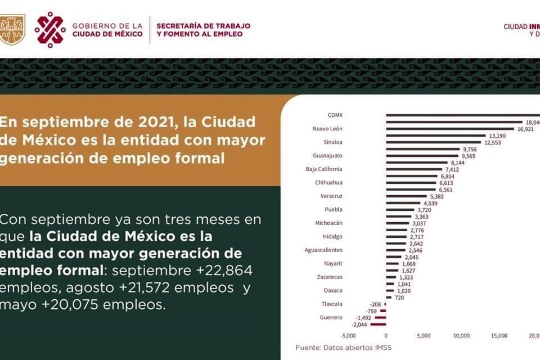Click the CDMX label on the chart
point(335,115)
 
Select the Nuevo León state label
point(327,128)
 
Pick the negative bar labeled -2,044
point(378,325)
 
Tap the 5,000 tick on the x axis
point(424,336)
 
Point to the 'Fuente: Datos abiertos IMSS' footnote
point(344,348)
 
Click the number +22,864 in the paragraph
point(224,271)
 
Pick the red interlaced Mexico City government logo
point(50,29)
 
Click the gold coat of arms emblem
point(12,29)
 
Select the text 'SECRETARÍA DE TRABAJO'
point(203,26)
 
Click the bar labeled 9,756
point(422,149)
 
